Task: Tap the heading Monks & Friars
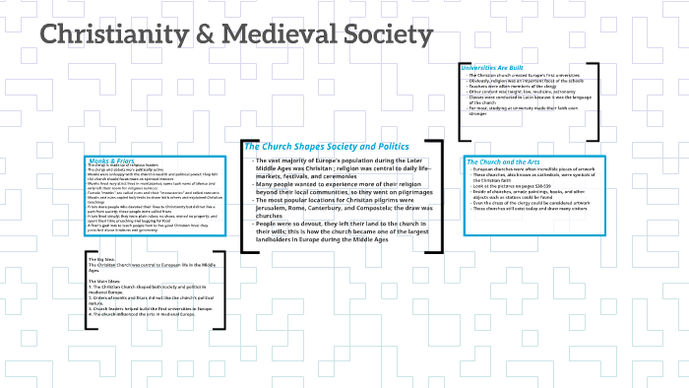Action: (x=110, y=160)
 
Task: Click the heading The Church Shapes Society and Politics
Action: (x=327, y=147)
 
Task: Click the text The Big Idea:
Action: (x=101, y=259)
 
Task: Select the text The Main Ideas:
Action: (x=104, y=280)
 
